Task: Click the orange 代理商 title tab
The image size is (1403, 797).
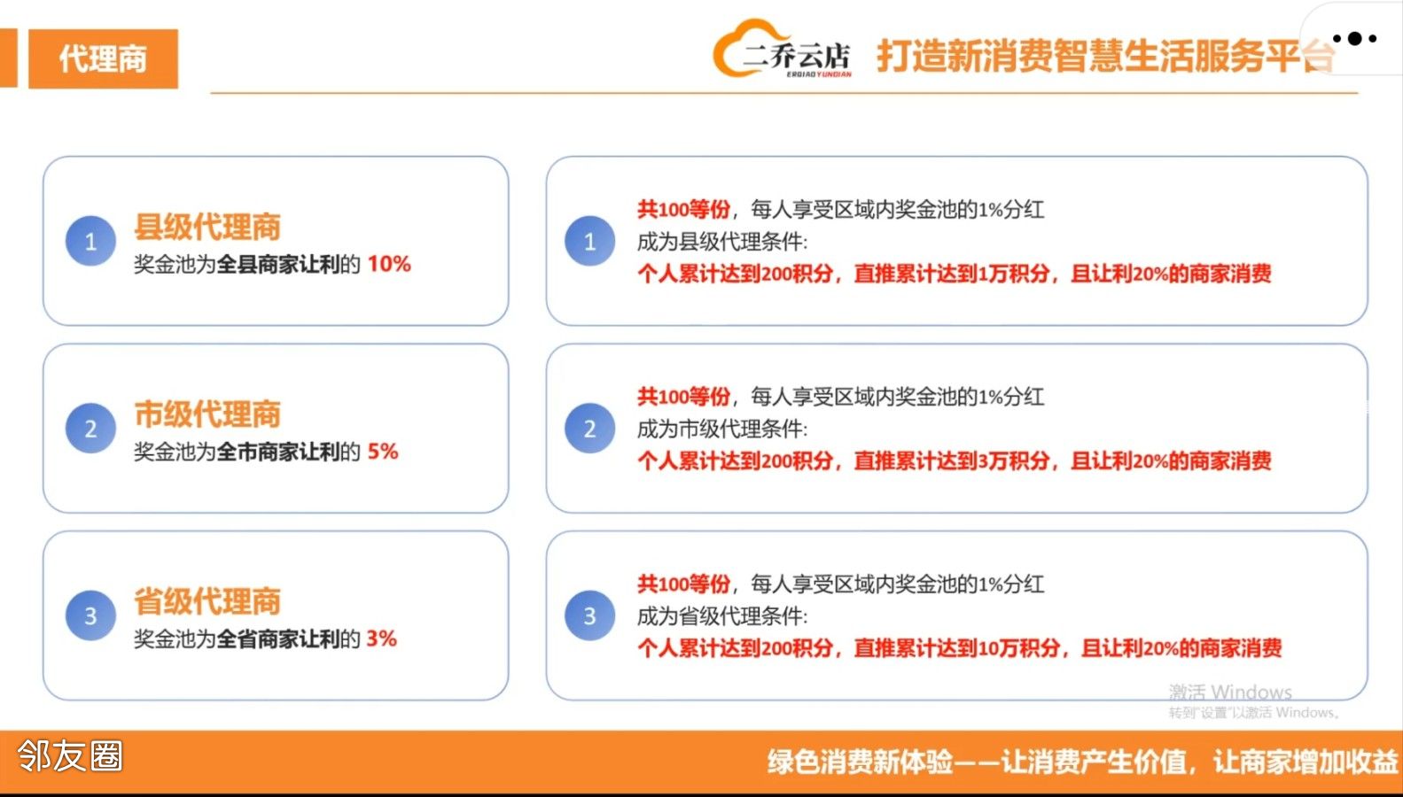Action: [104, 58]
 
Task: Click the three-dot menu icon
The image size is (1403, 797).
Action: [1355, 39]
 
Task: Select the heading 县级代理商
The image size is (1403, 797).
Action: [207, 227]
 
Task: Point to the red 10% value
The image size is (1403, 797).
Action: [389, 264]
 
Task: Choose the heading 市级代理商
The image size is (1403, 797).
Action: [207, 414]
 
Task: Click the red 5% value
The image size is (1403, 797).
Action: [383, 451]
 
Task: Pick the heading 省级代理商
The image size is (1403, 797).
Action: [207, 601]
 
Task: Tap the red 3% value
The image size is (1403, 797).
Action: [381, 638]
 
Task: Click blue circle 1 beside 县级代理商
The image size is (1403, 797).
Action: [90, 241]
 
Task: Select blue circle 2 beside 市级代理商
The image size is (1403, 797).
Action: [90, 428]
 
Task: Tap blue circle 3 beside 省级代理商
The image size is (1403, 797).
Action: [90, 615]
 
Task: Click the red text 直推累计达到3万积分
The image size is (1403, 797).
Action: [951, 461]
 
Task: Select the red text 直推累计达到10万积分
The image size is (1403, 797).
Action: [957, 648]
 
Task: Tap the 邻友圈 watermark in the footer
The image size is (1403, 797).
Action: [70, 755]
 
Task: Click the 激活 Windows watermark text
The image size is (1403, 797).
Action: [1230, 692]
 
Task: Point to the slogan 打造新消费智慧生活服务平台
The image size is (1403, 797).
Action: [1105, 57]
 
